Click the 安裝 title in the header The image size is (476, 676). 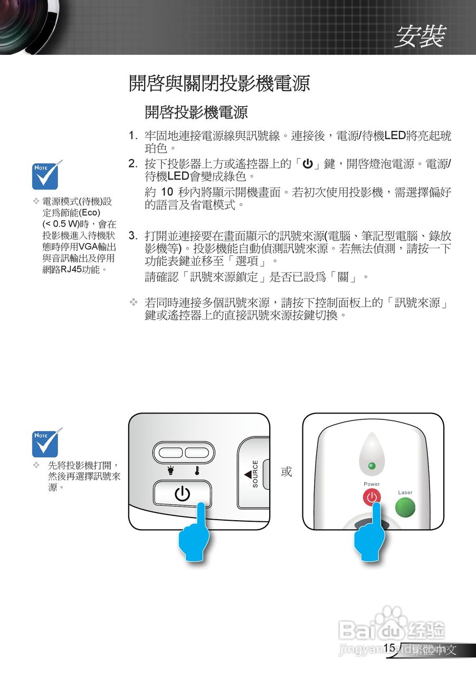pyautogui.click(x=420, y=36)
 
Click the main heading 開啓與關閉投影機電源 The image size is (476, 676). pyautogui.click(x=219, y=83)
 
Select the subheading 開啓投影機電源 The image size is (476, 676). pyautogui.click(x=196, y=112)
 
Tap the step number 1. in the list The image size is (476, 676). pyautogui.click(x=134, y=136)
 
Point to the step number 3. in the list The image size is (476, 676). pyautogui.click(x=134, y=235)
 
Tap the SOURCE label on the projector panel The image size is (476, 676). pyautogui.click(x=255, y=474)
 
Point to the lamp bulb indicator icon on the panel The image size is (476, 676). pyautogui.click(x=170, y=469)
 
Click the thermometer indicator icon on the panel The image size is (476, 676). pyautogui.click(x=197, y=469)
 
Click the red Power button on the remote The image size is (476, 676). pyautogui.click(x=372, y=497)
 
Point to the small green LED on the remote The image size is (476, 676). pyautogui.click(x=372, y=466)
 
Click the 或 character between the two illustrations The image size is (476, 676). pyautogui.click(x=286, y=472)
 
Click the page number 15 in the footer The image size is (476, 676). pyautogui.click(x=389, y=648)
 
